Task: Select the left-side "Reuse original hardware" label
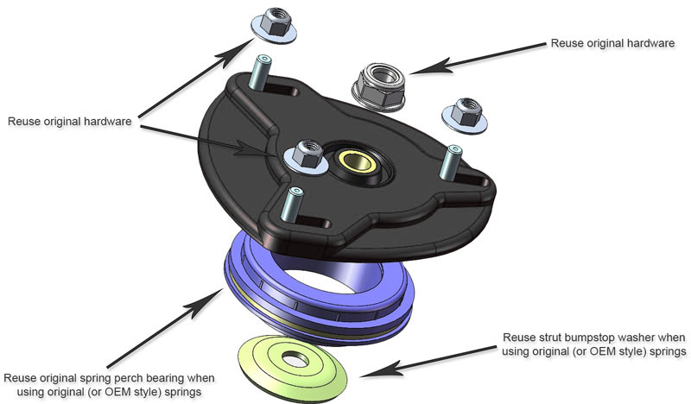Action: click(69, 122)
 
